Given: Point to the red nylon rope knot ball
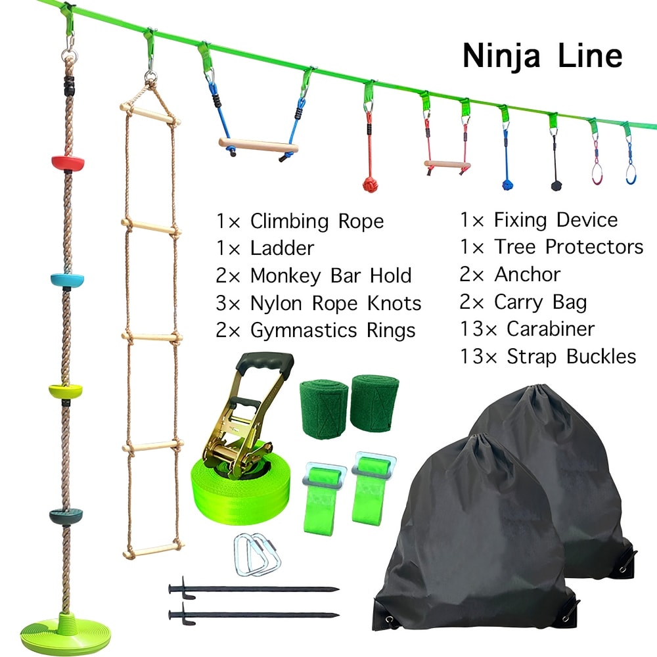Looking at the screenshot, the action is pos(370,185).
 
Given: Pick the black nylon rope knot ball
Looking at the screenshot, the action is pos(556,185).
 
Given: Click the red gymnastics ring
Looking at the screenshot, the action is pos(597,173).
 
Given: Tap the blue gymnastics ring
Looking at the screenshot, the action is pos(631,173).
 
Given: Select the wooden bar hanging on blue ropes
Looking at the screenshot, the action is pos(258,145).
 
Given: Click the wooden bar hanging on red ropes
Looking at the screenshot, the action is pos(447,165).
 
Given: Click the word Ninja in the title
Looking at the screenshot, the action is pos(501,56).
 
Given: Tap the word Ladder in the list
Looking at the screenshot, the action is pos(282,248).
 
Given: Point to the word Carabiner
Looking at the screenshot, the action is pos(551,329).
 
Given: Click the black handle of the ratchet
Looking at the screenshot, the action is pos(264,364).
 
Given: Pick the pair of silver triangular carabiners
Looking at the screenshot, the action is pos(257,555).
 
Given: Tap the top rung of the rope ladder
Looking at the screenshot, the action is pos(150,114).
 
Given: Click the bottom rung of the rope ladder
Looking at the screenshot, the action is pos(153,549).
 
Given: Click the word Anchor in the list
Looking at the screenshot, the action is pos(527,275).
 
